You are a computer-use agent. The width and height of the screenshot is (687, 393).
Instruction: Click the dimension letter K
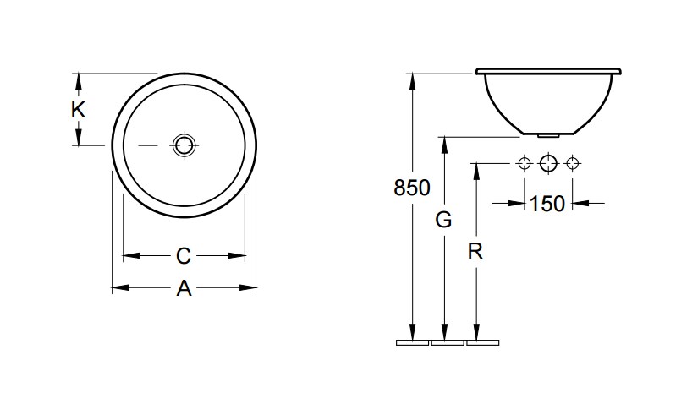[78, 110]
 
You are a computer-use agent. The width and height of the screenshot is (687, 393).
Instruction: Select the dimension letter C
[184, 256]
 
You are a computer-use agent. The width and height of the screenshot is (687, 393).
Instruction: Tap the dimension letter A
[184, 288]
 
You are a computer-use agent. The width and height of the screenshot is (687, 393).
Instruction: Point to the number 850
[412, 188]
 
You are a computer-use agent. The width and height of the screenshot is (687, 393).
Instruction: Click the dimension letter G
[443, 220]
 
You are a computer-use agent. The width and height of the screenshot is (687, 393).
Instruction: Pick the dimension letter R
[475, 252]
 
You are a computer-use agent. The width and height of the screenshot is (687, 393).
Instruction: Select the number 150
[547, 204]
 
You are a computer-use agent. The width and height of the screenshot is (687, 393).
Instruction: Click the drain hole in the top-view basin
[184, 145]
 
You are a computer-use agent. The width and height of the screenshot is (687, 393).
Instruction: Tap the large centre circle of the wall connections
[548, 164]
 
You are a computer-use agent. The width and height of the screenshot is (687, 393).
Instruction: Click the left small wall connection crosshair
[525, 164]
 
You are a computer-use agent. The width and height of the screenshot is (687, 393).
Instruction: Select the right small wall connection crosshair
[571, 164]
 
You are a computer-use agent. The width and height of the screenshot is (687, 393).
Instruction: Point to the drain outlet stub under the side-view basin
[548, 136]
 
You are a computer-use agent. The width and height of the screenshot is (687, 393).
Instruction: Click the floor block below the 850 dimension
[412, 342]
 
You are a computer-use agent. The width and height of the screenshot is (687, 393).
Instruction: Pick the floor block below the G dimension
[448, 342]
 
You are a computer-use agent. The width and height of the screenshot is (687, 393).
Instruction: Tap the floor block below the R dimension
[483, 342]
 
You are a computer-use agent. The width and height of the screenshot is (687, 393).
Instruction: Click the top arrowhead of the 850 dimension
[412, 82]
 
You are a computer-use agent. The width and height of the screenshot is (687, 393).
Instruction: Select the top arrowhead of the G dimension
[444, 145]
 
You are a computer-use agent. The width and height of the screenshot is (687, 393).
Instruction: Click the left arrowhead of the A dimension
[120, 287]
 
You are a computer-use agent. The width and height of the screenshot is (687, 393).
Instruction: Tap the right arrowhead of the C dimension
[237, 255]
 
